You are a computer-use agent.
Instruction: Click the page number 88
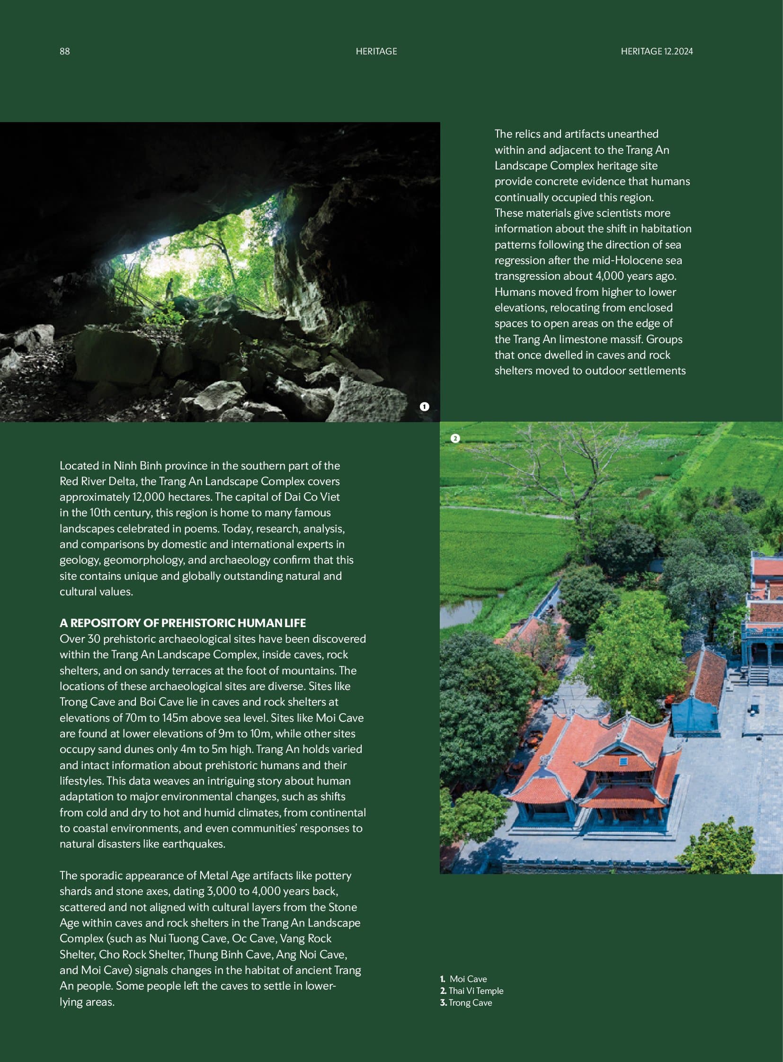[x=64, y=51]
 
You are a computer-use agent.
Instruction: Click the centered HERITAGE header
[x=376, y=51]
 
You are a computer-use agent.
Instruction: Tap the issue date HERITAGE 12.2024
[x=657, y=51]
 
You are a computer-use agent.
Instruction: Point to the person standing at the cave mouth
[x=169, y=288]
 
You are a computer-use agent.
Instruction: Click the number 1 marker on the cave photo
[x=424, y=406]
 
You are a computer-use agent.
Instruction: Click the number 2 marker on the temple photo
[x=455, y=438]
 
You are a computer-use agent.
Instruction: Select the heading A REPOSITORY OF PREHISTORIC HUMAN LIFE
[x=182, y=623]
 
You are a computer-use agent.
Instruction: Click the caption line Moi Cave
[x=468, y=979]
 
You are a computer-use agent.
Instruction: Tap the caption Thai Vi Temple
[x=475, y=991]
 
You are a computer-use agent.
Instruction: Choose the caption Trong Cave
[x=470, y=1002]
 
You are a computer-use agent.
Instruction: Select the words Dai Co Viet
[x=312, y=496]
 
